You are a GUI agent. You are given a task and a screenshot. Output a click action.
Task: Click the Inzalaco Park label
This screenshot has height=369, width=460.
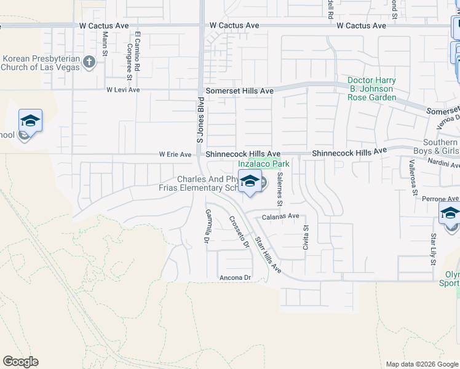(264, 164)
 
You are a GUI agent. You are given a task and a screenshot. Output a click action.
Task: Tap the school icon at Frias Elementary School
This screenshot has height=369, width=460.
(250, 181)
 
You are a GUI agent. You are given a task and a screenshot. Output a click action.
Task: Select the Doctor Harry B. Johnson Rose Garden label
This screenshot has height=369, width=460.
(371, 89)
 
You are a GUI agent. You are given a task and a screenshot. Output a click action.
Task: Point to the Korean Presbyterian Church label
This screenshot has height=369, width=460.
(42, 63)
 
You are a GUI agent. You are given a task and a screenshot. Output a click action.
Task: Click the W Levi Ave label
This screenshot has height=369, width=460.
(123, 90)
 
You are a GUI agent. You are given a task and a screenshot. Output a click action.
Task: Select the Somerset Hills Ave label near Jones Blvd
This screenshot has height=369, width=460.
(239, 90)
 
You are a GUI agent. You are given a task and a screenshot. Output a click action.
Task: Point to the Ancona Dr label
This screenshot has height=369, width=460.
(236, 278)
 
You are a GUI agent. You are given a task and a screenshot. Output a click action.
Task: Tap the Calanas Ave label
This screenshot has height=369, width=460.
(280, 216)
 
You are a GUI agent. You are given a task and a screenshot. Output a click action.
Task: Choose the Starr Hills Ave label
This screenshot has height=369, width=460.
(268, 255)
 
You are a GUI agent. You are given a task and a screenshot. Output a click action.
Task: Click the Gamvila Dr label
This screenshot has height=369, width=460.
(208, 225)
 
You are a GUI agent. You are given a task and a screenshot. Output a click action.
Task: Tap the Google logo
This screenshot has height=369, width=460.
(20, 362)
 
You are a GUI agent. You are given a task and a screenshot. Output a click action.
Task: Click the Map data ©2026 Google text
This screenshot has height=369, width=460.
(421, 364)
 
